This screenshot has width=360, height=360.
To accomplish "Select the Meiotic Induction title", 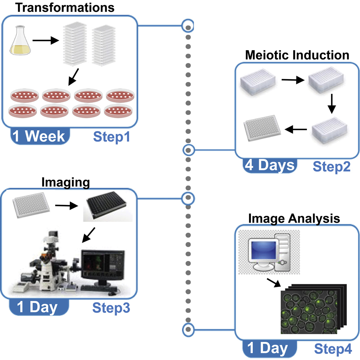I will coord(297,55).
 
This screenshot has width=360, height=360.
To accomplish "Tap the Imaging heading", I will coord(65,183).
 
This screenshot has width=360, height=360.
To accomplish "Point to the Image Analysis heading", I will coord(294,218).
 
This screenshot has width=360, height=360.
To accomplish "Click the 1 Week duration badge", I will coord(39,136).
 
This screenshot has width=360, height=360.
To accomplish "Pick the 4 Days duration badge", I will coord(269,166).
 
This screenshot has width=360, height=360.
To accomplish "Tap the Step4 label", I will coord(333,349).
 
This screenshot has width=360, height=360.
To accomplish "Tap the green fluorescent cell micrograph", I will coord(309,306).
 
